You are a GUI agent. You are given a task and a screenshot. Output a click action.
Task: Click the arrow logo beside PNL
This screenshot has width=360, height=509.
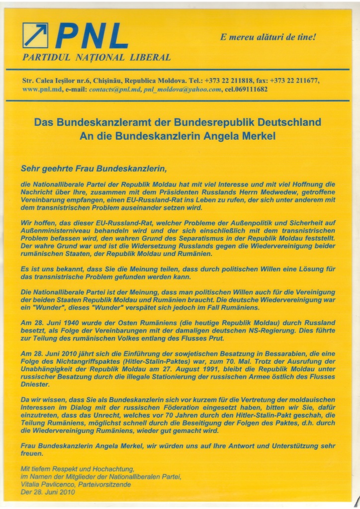coord(36,36)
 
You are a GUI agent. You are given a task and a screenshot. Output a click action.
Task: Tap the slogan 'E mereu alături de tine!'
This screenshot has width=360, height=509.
coord(268,37)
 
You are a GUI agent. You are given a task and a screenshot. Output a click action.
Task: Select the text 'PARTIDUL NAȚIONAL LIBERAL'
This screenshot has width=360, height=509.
coord(96,57)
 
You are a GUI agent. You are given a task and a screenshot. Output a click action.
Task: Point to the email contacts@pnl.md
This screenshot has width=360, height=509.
coord(115,89)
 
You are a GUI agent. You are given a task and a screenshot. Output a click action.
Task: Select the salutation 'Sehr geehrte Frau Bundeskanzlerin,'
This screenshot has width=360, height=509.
coord(91,168)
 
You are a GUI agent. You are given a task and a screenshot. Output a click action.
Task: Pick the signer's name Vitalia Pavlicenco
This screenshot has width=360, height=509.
coord(47,484)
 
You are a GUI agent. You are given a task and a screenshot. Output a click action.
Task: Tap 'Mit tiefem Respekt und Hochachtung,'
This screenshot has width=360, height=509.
coord(77,469)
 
